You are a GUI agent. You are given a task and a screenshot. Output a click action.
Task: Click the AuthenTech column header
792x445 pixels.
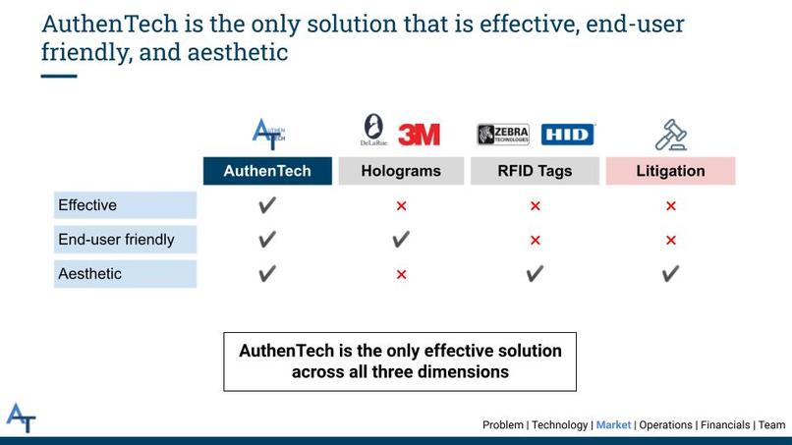pos(267,171)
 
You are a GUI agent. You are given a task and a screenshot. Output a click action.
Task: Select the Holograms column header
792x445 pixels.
pos(400,171)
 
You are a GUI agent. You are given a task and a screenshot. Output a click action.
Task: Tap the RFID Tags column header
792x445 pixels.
pos(535,171)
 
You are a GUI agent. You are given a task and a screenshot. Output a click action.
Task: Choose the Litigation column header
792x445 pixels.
pos(670,171)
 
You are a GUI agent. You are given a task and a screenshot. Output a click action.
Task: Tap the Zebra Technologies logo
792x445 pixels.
pos(504,135)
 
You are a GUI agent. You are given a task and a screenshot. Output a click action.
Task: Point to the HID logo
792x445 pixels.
pos(568,135)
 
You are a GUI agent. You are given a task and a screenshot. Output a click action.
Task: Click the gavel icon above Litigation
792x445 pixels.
pos(670,134)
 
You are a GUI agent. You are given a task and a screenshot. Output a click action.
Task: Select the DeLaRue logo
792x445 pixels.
pos(374,131)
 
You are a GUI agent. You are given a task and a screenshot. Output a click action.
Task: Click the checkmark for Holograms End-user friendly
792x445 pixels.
pos(401,240)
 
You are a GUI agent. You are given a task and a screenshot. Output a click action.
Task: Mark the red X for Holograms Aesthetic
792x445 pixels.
pos(401,275)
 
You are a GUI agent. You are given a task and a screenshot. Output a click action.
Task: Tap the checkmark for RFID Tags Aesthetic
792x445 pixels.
pos(535,274)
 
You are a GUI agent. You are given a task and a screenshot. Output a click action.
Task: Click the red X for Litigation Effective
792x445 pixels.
pos(671,206)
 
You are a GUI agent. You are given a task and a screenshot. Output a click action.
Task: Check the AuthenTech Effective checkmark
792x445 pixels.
pos(267,205)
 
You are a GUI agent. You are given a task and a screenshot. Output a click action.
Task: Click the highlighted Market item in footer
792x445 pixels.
pos(614,425)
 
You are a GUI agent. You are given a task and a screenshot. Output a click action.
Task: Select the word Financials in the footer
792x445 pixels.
pos(725,425)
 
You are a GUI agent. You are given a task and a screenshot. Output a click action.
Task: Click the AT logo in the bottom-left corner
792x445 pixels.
pos(21,417)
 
